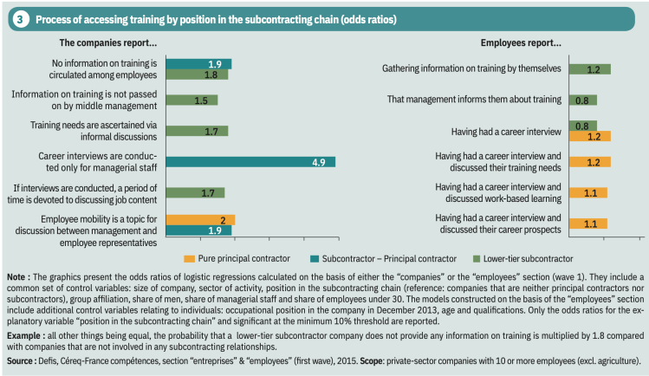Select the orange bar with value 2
(x=199, y=219)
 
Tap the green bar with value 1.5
(x=191, y=100)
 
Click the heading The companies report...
(x=107, y=42)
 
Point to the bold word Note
(x=17, y=276)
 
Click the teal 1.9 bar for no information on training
(x=198, y=63)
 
